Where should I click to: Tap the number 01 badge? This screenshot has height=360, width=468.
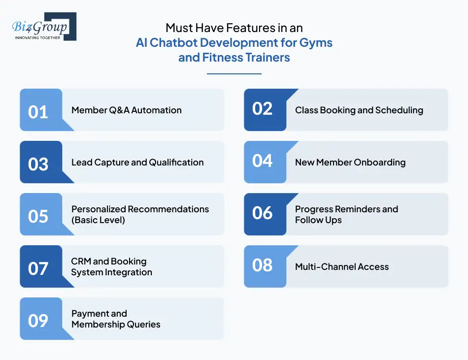tap(38, 111)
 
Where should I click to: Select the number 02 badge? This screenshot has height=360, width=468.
tap(263, 108)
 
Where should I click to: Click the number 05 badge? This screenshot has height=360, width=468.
tap(38, 216)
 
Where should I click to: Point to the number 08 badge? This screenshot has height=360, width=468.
tap(263, 265)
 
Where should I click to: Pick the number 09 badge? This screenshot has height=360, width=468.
tap(38, 320)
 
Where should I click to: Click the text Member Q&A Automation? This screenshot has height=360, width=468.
tap(127, 110)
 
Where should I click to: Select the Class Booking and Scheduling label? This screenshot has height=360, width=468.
tap(359, 110)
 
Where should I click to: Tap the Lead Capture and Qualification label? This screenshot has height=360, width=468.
tap(137, 163)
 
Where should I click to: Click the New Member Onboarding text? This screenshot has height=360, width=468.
tap(350, 163)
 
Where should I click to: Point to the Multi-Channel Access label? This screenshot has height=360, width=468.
tap(342, 267)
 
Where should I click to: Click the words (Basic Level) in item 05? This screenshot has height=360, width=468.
tap(98, 220)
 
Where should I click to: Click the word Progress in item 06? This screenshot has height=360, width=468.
tap(313, 209)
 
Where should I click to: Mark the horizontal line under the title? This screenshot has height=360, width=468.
tap(234, 74)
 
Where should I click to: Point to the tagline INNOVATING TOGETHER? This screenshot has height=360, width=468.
tap(38, 37)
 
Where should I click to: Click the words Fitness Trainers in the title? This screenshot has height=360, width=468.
tap(246, 58)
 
